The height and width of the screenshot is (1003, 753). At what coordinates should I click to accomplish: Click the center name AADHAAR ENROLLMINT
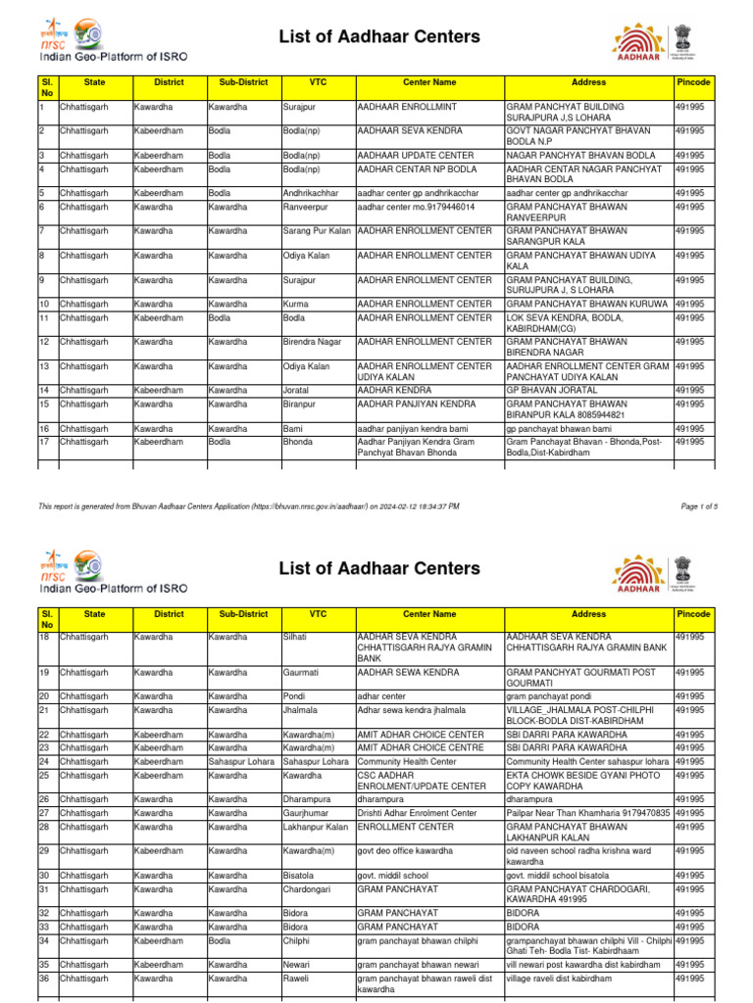click(x=401, y=105)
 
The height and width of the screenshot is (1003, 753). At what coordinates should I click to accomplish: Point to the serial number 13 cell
click(x=43, y=366)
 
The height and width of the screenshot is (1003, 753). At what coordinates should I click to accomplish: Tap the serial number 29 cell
click(x=44, y=850)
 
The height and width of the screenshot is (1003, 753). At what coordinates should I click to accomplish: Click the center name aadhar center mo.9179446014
click(x=416, y=207)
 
